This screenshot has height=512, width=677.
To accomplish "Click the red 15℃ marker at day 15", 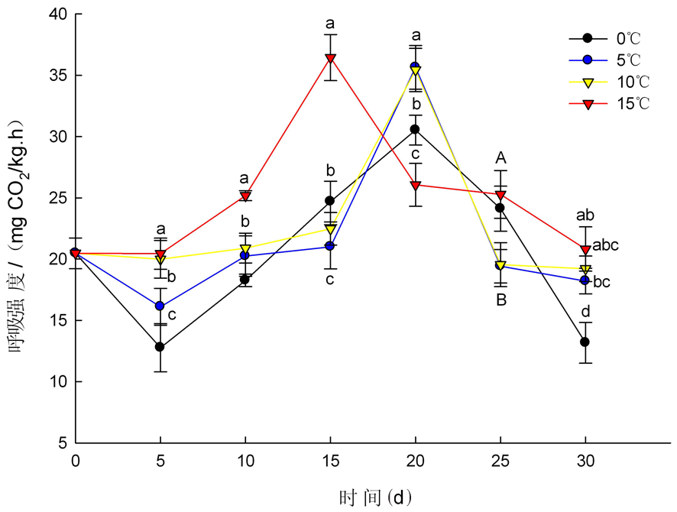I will pos(330,59).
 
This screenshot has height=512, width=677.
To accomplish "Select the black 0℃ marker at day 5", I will pos(160,347).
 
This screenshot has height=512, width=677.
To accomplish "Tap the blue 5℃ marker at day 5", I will pos(160,306).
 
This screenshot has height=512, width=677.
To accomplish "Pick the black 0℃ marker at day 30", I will pos(585,342).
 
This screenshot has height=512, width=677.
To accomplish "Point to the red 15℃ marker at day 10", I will pos(245,196).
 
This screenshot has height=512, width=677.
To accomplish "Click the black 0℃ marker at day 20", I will pos(416,129).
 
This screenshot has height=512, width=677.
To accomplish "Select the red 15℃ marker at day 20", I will pos(416,186).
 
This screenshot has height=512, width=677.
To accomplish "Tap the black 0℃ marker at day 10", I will pos(245,280).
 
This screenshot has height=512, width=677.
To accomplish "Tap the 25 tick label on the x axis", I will pos(500,460).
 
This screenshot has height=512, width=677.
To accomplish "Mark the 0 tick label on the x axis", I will pos(75,460).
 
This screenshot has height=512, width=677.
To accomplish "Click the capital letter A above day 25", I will pos(500,158).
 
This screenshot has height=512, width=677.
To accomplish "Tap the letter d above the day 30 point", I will pos(585,312).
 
